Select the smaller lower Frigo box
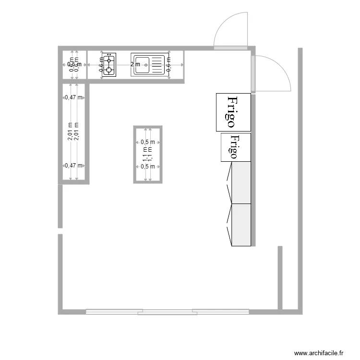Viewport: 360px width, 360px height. (x=235, y=147)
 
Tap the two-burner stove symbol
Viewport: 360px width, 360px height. (x=109, y=65)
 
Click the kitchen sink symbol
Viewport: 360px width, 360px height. (x=149, y=65)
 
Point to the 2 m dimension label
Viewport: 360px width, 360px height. (x=135, y=64)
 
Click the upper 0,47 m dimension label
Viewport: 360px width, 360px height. (x=73, y=97)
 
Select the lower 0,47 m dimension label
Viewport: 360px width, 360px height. (x=73, y=166)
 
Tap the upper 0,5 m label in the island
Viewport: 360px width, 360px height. (x=148, y=142)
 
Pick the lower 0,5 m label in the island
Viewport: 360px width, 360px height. (x=148, y=167)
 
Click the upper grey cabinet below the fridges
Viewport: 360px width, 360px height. (x=241, y=183)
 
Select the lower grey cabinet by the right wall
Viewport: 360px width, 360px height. (x=241, y=225)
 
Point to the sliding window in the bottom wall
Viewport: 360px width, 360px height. (x=168, y=312)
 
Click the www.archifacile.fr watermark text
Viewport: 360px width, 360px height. (x=319, y=352)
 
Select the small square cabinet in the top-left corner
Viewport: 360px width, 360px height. (x=73, y=64)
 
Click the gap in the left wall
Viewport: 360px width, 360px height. (x=60, y=231)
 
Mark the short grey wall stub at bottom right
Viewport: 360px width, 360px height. (x=280, y=277)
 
